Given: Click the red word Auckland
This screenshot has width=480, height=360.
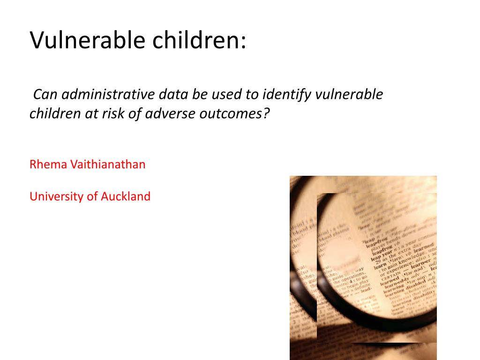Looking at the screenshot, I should [126, 196].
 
